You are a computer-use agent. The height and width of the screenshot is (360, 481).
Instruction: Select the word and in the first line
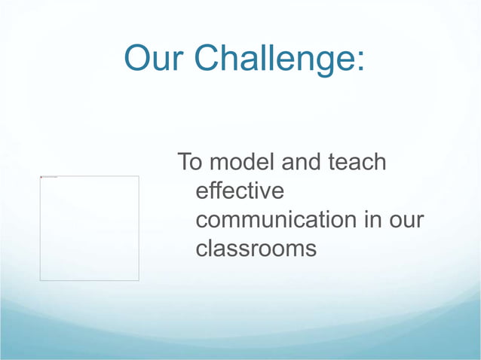(x=301, y=162)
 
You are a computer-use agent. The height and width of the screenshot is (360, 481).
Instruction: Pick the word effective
(x=240, y=191)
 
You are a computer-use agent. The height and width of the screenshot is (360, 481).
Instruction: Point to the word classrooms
(x=256, y=249)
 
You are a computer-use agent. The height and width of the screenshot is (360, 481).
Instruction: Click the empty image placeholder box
(x=89, y=228)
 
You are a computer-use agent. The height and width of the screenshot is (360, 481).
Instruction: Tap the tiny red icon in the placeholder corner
(x=41, y=177)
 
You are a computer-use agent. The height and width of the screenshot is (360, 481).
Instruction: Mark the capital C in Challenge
(x=207, y=59)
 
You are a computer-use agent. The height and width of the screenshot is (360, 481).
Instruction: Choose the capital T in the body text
(x=183, y=162)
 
